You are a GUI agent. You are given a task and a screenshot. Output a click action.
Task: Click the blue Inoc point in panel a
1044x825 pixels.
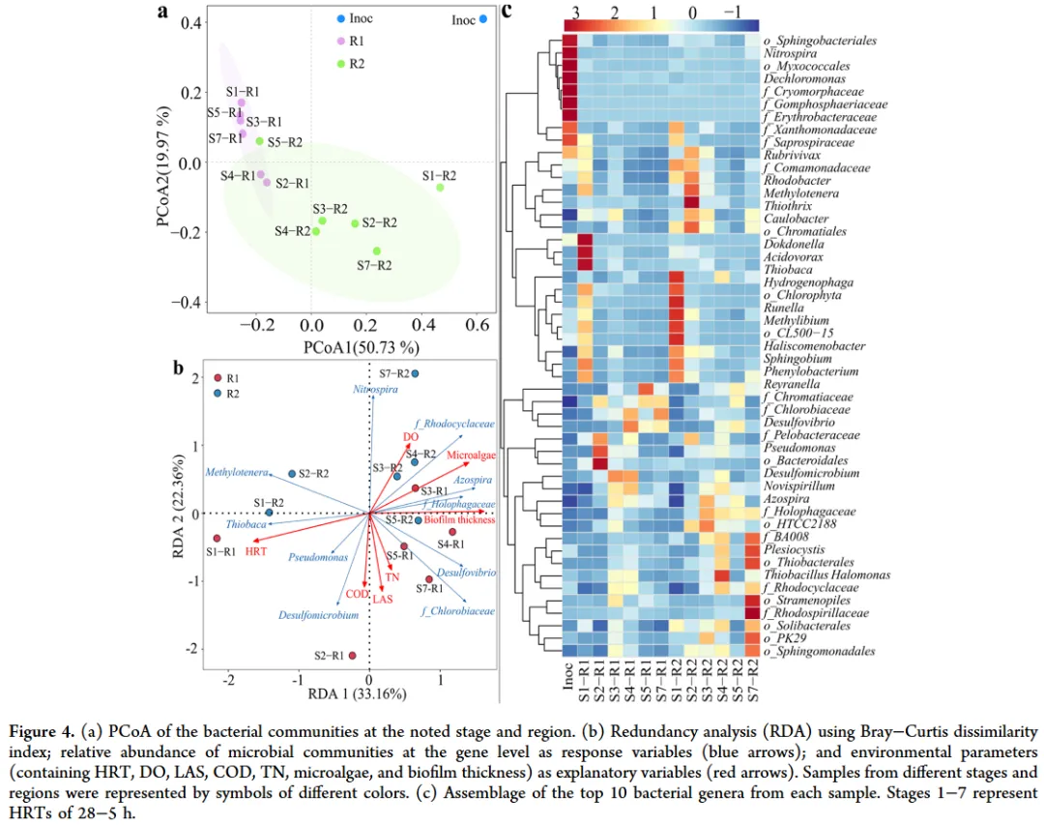point(482,18)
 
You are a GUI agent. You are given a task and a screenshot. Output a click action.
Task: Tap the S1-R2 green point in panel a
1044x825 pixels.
point(440,187)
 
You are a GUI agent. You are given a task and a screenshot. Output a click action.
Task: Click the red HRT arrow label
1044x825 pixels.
point(256,550)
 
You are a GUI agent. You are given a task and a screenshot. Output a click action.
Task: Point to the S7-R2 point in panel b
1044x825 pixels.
point(416,373)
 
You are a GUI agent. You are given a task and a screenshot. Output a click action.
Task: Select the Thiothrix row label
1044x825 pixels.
point(787,206)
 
